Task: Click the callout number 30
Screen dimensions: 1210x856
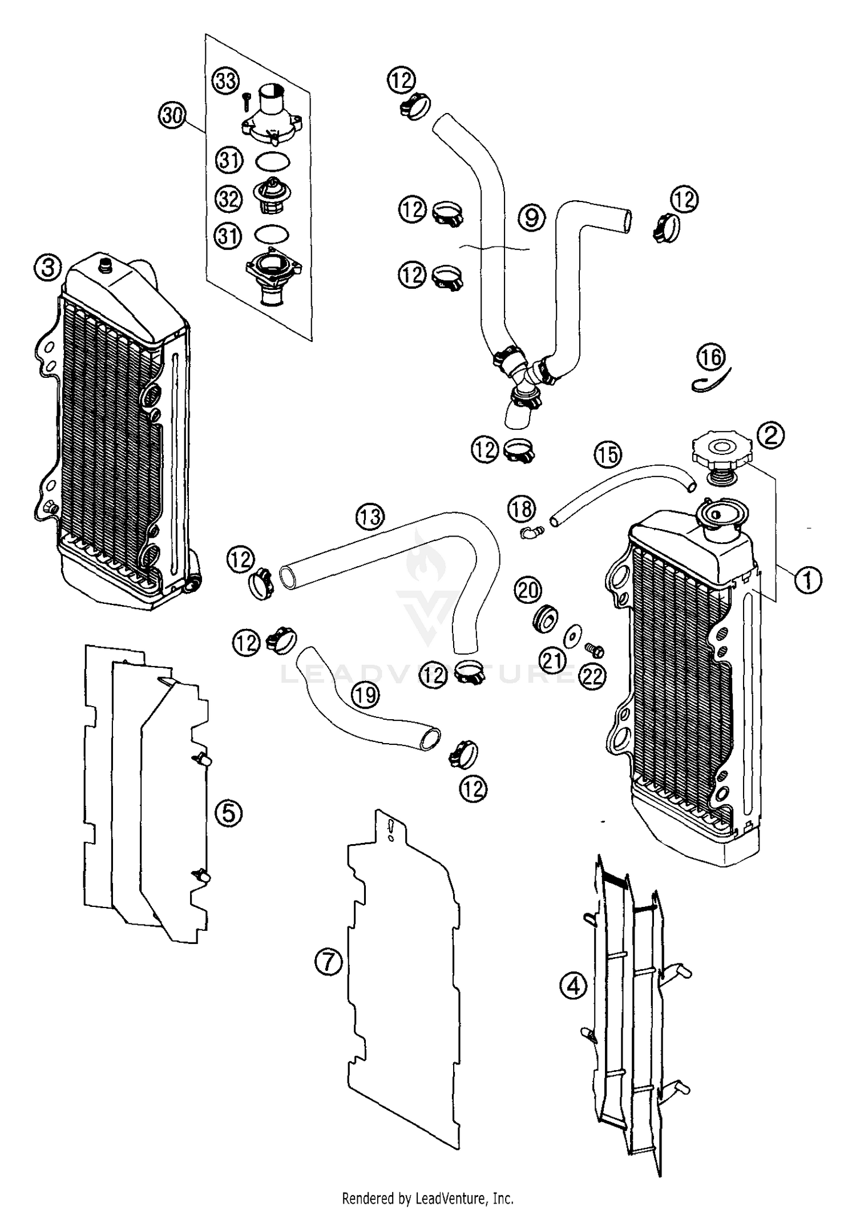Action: [x=172, y=116]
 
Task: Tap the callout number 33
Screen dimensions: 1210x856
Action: [x=226, y=81]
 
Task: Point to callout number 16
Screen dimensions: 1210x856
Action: [x=710, y=357]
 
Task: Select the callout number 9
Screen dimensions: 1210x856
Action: [x=531, y=217]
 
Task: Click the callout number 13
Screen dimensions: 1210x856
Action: [x=370, y=517]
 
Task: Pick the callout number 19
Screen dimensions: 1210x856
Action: [x=365, y=695]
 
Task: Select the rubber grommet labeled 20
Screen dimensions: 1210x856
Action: [x=544, y=619]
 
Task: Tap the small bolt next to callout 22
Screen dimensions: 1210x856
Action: [x=594, y=649]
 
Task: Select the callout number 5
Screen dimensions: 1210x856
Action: [x=228, y=813]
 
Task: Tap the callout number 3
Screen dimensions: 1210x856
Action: [x=47, y=267]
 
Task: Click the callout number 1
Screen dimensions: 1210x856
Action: [x=807, y=580]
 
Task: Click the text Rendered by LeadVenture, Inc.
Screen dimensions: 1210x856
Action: [x=427, y=1197]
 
